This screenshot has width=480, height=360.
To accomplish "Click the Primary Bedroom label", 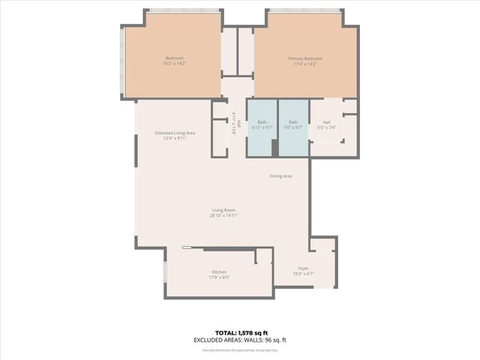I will pyautogui.click(x=305, y=58).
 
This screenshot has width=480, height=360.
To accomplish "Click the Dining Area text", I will pyautogui.click(x=280, y=175).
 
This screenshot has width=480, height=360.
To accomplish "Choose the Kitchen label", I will pyautogui.click(x=219, y=271).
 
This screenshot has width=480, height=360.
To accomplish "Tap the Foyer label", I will pyautogui.click(x=303, y=268).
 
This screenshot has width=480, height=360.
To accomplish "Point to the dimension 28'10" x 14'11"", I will pyautogui.click(x=224, y=215).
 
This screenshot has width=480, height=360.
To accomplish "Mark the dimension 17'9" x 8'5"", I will pyautogui.click(x=219, y=277).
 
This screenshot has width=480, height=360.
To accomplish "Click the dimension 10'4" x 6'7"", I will pyautogui.click(x=303, y=274).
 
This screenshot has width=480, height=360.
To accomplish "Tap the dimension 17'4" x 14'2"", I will pyautogui.click(x=305, y=64).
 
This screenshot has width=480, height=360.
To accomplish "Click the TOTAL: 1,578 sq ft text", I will pyautogui.click(x=240, y=332).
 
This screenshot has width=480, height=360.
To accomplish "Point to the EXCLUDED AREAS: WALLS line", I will pyautogui.click(x=240, y=340).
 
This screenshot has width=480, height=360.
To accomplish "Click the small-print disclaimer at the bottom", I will pyautogui.click(x=240, y=348).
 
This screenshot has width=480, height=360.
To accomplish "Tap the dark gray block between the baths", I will pyautogui.click(x=275, y=148).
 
